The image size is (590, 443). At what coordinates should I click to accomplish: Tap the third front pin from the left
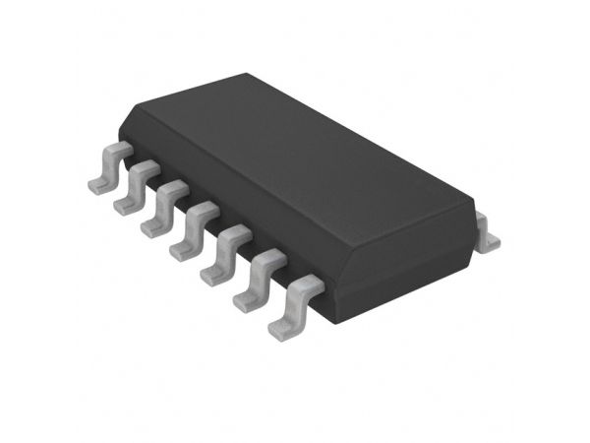click(x=161, y=207)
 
